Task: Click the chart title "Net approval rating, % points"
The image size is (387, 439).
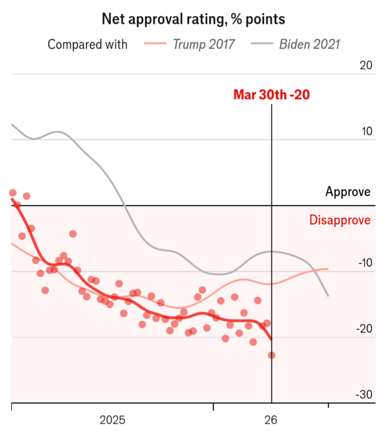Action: [193, 19]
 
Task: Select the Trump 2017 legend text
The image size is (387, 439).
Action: [204, 44]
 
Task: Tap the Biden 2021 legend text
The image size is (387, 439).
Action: [309, 44]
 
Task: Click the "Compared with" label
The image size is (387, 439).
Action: [87, 44]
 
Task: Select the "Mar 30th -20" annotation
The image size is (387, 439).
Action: [271, 95]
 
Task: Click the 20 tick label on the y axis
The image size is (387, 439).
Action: [366, 65]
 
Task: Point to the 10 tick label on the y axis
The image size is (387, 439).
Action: [366, 132]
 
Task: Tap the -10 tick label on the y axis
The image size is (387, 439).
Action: [364, 263]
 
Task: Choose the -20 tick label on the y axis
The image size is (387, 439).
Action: [364, 329]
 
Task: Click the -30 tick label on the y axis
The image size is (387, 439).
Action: [364, 395]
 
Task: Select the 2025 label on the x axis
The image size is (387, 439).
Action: [112, 420]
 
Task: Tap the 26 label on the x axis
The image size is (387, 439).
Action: [271, 420]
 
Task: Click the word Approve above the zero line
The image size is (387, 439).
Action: [348, 192]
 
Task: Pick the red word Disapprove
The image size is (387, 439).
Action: [340, 220]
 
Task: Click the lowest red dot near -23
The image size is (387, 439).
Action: [271, 355]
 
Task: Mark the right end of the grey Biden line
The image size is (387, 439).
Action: [328, 296]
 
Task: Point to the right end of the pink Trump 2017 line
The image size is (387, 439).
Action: [328, 269]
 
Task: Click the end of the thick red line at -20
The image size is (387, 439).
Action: [271, 339]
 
